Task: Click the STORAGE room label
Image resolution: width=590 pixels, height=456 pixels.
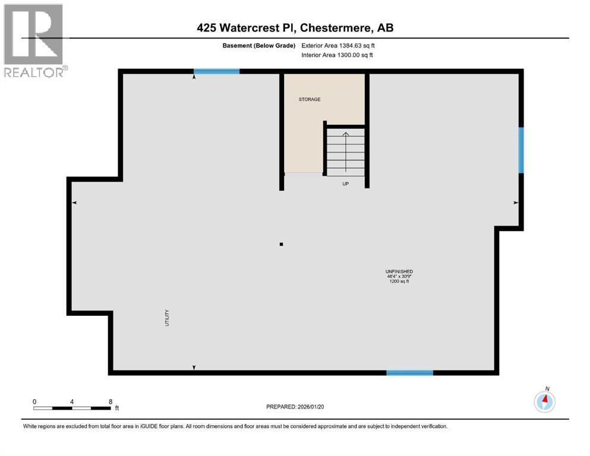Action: [309, 99]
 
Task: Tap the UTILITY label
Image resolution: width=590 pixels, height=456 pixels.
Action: [168, 318]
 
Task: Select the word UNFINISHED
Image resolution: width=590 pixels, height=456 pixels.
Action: [399, 271]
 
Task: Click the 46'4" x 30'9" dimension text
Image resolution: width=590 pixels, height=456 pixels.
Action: [399, 277]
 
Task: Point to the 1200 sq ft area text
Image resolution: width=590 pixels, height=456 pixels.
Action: [399, 281]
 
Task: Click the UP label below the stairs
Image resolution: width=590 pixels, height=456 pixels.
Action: [345, 183]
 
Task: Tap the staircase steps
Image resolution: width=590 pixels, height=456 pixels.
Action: [345, 153]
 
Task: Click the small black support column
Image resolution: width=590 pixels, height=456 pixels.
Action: [282, 243]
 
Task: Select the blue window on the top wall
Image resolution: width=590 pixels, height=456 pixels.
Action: [217, 71]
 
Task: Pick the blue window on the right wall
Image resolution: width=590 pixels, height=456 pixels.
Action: [521, 150]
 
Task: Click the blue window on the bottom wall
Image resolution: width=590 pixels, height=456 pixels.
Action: [409, 372]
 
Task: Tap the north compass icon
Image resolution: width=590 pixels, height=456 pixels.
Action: [544, 402]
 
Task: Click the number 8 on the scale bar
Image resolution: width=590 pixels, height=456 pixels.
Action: [111, 401]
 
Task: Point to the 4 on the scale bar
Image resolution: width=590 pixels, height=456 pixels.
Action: [72, 401]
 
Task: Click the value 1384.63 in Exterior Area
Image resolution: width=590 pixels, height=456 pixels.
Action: [350, 45]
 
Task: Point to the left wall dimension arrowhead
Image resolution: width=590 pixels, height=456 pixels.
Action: [74, 202]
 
